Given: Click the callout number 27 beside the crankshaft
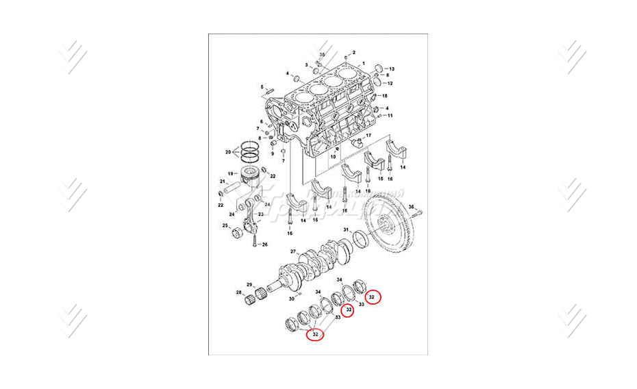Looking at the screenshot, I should (292, 252).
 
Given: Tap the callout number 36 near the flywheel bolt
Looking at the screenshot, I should (411, 206).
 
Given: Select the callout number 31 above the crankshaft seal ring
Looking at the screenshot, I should (347, 229).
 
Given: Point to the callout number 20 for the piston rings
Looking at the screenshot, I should (228, 151).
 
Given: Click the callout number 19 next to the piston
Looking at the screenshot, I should (231, 173).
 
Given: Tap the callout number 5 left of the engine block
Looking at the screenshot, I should (262, 87).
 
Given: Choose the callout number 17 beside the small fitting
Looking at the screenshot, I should (368, 136).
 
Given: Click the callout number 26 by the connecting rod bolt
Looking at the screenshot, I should (264, 244).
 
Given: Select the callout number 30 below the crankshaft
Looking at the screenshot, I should (292, 299).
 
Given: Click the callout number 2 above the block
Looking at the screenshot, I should (354, 52).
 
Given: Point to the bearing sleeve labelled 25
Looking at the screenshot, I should (238, 234).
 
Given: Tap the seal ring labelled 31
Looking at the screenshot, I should (359, 238).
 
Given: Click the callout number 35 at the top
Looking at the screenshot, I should (323, 53).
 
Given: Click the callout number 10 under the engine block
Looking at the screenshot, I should (333, 158).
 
